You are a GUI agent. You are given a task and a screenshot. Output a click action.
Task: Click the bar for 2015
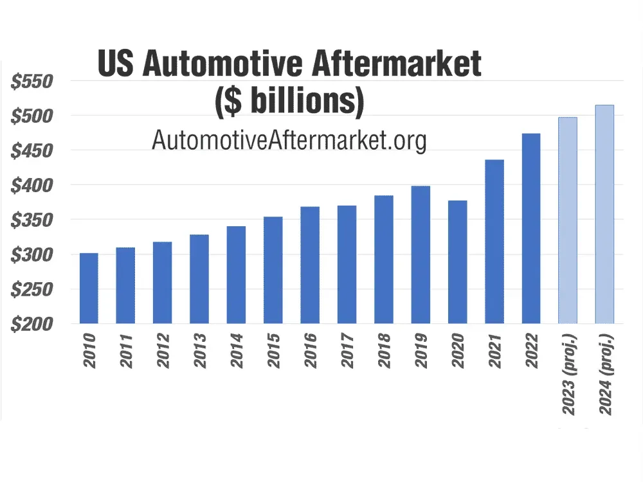click(273, 270)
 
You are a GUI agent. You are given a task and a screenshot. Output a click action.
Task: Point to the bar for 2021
click(494, 241)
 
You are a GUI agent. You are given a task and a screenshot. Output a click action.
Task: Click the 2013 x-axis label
click(199, 351)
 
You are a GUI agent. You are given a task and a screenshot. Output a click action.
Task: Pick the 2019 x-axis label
click(421, 351)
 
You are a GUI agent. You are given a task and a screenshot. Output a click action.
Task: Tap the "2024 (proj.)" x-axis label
click(604, 376)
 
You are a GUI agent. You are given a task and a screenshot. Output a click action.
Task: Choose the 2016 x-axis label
click(310, 351)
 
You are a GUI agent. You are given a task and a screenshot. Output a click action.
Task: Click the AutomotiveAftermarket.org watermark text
click(289, 139)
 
